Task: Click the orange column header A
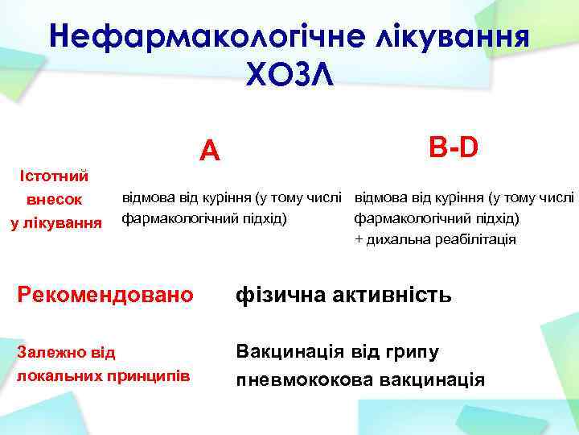(209, 150)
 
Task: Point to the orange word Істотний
(55, 176)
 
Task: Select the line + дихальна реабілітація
(435, 239)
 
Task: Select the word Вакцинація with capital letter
(288, 352)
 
